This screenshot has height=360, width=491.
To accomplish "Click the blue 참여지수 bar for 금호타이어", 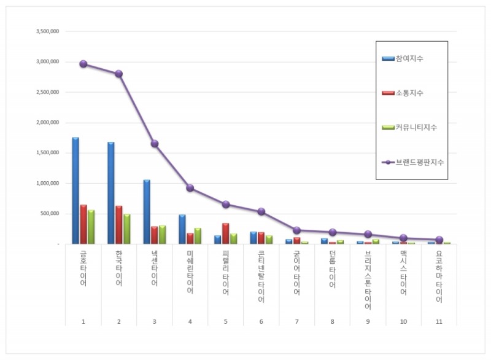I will click(x=75, y=190).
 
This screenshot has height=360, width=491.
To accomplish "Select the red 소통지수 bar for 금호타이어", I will click(x=83, y=224).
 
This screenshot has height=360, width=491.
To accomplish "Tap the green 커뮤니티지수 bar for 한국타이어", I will click(x=127, y=229).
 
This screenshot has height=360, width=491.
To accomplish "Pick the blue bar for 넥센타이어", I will click(x=147, y=212).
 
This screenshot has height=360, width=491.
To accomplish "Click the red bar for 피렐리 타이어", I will click(x=226, y=233).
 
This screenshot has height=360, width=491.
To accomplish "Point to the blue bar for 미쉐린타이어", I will click(x=182, y=229).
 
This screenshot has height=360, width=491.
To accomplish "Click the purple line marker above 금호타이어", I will click(x=83, y=64).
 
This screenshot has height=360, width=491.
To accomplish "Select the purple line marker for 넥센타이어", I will click(x=155, y=144).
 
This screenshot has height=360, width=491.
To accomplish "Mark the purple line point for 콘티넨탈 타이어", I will click(x=261, y=211).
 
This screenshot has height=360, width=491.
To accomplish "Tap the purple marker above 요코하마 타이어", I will click(x=439, y=240).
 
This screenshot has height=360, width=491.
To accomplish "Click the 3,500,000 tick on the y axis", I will click(x=47, y=31).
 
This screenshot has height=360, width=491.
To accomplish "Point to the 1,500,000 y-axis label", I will click(x=47, y=153).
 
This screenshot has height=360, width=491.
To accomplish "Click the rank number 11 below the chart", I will click(x=439, y=320).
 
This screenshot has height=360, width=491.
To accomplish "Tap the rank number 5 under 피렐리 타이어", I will click(x=226, y=320).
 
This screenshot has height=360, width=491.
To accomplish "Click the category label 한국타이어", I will click(x=119, y=268).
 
